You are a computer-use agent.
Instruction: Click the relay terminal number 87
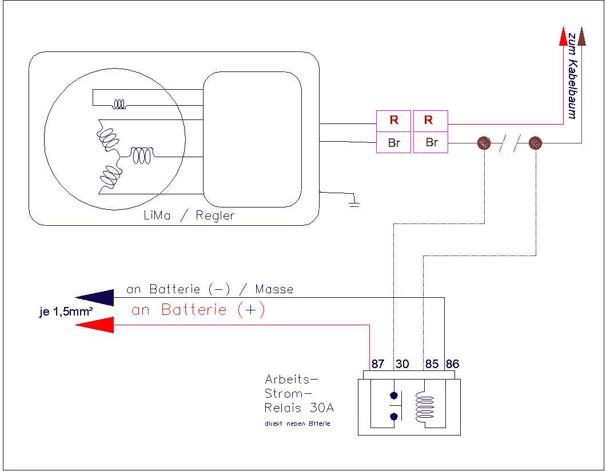pyautogui.click(x=377, y=364)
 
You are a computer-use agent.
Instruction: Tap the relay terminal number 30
pyautogui.click(x=402, y=364)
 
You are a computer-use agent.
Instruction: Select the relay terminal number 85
pyautogui.click(x=432, y=364)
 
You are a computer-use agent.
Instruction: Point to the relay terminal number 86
pyautogui.click(x=452, y=364)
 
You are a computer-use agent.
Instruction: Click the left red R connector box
pyautogui.click(x=393, y=120)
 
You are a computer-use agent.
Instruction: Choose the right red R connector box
pyautogui.click(x=430, y=120)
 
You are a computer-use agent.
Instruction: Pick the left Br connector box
pyautogui.click(x=393, y=142)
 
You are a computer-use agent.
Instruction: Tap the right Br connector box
pyautogui.click(x=430, y=142)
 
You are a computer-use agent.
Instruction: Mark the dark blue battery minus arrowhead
pyautogui.click(x=94, y=297)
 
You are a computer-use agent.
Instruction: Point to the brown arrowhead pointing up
pyautogui.click(x=581, y=37)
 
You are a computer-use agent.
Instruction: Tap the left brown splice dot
pyautogui.click(x=484, y=142)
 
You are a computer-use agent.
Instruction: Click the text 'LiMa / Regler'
pyautogui.click(x=190, y=215)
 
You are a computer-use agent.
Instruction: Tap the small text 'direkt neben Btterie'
pyautogui.click(x=297, y=424)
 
